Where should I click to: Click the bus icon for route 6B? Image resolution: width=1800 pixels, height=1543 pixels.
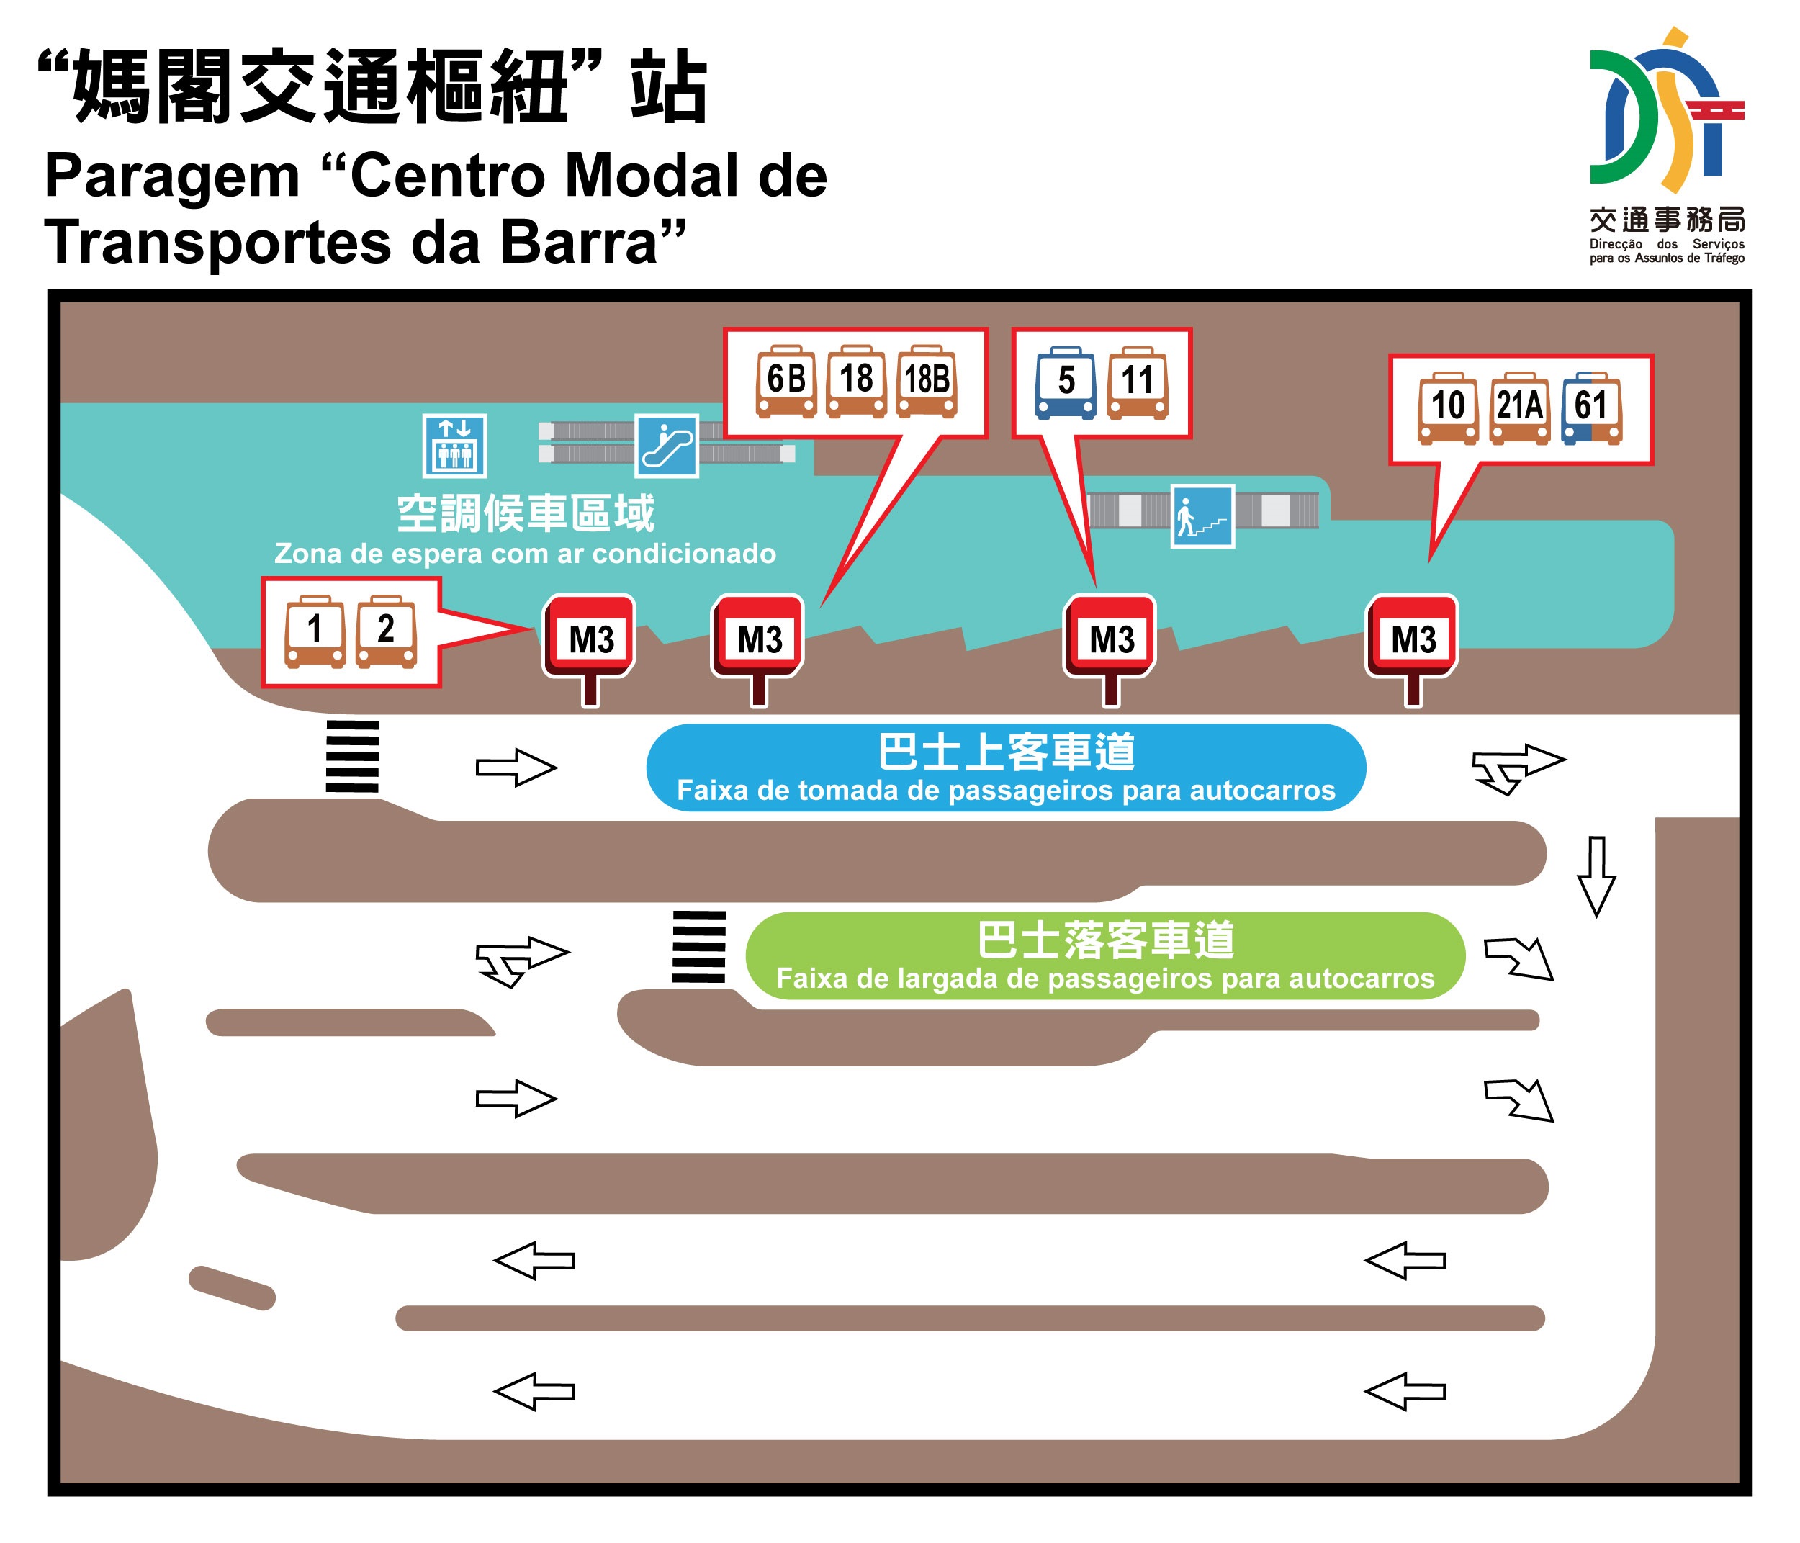[786, 382]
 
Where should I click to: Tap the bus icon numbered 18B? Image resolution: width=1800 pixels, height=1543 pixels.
[926, 382]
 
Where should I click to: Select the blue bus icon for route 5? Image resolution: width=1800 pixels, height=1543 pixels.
[1065, 383]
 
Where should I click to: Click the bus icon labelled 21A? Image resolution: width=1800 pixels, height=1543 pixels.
[1519, 408]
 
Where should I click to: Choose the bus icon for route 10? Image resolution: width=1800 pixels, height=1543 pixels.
[1447, 408]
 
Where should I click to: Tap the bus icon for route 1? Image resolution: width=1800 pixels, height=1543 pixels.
[315, 631]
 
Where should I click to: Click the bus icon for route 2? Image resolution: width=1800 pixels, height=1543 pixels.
[386, 631]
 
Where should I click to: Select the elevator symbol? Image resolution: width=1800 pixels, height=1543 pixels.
[454, 446]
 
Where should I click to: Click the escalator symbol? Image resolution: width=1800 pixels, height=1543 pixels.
[666, 446]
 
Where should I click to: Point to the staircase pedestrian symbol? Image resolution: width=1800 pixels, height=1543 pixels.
[1202, 516]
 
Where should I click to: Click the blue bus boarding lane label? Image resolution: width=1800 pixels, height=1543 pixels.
[1005, 767]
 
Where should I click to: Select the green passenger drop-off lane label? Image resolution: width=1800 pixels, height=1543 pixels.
[1104, 955]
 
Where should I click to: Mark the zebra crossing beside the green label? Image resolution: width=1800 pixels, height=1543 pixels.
[698, 947]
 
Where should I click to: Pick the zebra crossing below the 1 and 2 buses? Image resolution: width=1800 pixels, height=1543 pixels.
[352, 756]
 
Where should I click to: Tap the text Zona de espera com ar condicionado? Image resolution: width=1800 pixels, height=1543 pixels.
[525, 554]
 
